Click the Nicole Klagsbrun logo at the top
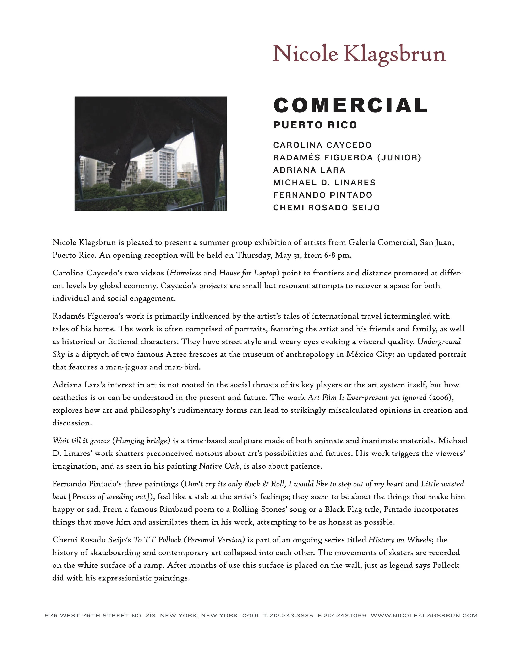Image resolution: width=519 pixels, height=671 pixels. [x=359, y=54]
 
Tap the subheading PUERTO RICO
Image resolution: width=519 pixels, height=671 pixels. [x=315, y=125]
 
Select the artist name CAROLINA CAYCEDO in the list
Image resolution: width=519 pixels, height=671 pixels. [x=322, y=145]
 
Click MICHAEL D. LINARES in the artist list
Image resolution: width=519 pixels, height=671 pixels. [x=324, y=183]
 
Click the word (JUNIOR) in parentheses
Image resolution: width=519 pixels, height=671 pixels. [x=399, y=158]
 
